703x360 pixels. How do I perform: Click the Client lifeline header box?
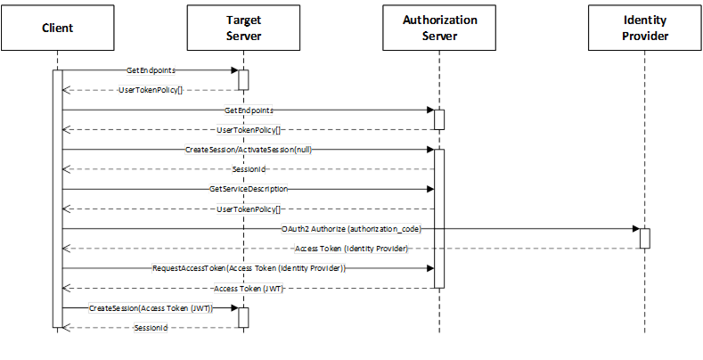(57, 28)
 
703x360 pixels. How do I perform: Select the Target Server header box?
(243, 28)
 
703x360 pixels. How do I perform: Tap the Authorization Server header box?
(439, 28)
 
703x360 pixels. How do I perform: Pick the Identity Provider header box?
(645, 28)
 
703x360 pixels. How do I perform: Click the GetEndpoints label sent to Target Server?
(151, 70)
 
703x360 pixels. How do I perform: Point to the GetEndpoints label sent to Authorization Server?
(249, 110)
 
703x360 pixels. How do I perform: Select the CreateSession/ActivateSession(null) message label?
(249, 150)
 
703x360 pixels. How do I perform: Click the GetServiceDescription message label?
(249, 189)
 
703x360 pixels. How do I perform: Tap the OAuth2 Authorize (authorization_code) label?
(351, 229)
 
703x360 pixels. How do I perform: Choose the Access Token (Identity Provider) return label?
(351, 249)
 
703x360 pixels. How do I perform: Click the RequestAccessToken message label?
(249, 268)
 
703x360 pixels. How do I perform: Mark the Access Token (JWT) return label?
(249, 289)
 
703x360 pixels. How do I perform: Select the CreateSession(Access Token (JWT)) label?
(151, 308)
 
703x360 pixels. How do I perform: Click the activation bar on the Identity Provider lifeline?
(645, 239)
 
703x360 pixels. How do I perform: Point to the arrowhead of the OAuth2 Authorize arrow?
(636, 229)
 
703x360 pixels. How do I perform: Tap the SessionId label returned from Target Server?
(151, 328)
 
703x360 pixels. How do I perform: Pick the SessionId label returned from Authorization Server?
(249, 169)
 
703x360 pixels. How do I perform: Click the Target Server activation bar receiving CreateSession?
(243, 318)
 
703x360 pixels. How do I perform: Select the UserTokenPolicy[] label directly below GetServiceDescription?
(249, 209)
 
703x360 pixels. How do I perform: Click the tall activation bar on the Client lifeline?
(57, 199)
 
